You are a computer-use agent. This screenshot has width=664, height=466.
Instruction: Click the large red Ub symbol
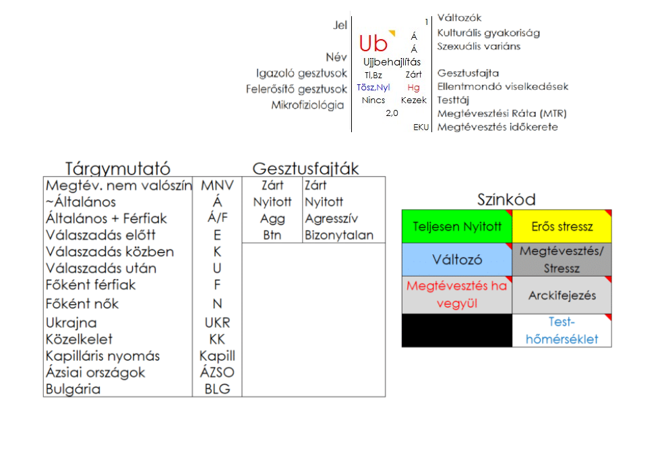tap(373, 44)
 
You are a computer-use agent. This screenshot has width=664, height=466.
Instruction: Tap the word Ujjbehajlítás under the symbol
tap(392, 62)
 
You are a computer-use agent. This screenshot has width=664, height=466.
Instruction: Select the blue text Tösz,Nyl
tap(373, 88)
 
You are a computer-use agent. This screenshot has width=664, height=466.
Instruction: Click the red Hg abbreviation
tap(413, 88)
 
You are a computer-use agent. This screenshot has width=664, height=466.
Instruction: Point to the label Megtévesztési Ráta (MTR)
tap(502, 113)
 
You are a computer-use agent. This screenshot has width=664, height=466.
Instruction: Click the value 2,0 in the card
tap(392, 113)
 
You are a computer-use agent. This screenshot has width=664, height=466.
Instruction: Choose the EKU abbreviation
tap(421, 127)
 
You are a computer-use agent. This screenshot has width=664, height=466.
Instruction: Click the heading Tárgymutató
tap(117, 169)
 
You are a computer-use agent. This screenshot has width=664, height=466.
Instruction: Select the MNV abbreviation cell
tap(217, 185)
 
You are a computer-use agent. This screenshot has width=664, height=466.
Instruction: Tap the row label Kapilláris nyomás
tap(112, 356)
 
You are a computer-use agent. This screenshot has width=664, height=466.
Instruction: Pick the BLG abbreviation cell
tap(217, 389)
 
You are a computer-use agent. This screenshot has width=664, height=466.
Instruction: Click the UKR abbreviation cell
tap(217, 323)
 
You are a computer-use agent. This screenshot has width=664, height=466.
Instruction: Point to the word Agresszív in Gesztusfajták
tap(331, 219)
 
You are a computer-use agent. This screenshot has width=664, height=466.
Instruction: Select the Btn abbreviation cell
tap(272, 235)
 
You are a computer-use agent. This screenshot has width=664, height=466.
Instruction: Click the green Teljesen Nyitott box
tap(456, 227)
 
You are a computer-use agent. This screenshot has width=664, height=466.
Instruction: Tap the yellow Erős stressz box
tap(562, 227)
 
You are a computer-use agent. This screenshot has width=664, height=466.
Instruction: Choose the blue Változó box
tap(456, 260)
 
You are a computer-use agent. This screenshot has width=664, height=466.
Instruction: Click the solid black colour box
tap(456, 330)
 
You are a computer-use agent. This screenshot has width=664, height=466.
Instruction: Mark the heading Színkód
tap(506, 200)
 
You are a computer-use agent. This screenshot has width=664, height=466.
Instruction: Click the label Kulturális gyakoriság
tap(488, 32)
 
